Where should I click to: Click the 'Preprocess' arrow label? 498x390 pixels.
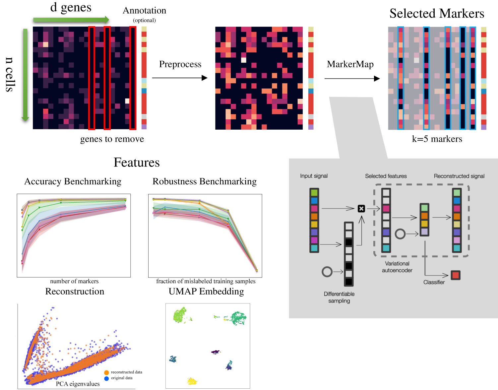coord(180,64)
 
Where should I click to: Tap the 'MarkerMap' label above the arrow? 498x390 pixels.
coord(350,64)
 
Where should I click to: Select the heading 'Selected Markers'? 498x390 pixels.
coord(437,14)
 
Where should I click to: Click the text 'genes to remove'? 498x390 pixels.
coord(112,139)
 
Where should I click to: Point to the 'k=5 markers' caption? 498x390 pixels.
coord(437,139)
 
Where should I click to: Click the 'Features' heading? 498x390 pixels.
coord(137,162)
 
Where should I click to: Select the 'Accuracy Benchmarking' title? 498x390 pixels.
coord(73,181)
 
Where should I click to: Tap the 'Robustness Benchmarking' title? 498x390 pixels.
coord(205,181)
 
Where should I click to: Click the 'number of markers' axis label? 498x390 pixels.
coord(74,281)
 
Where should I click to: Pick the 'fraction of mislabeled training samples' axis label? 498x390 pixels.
coord(206,281)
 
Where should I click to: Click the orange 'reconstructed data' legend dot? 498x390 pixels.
coord(106,373)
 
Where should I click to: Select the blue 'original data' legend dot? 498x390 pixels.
coord(106,378)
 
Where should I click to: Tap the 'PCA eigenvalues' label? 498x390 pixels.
coord(78,384)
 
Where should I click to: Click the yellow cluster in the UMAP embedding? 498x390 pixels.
coord(192,381)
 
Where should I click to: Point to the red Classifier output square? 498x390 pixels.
coord(456,275)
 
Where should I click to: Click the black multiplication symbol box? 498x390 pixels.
coord(361,209)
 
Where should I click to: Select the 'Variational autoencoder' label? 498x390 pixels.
coord(397,267)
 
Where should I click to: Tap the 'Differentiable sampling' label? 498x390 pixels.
coord(339,297)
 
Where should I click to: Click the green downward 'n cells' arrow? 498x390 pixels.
coord(25,75)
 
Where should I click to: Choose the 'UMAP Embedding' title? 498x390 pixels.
coord(206,292)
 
